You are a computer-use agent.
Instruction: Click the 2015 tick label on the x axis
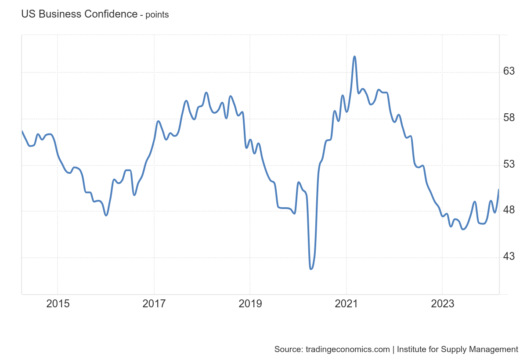[x=58, y=304]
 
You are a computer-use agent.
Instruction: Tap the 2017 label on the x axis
[x=154, y=304]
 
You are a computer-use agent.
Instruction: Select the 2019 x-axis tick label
[x=250, y=304]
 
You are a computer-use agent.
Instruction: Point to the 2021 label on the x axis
[x=346, y=304]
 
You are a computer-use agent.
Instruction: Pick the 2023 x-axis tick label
[x=442, y=304]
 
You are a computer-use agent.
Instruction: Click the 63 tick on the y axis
[x=509, y=71]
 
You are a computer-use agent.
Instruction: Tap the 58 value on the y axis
[x=509, y=118]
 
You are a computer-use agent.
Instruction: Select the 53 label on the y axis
[x=509, y=164]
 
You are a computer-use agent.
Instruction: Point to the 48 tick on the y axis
[x=509, y=210]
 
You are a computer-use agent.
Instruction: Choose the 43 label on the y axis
[x=509, y=256]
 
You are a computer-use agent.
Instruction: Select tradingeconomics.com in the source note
[x=348, y=349]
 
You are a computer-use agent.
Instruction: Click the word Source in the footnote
[x=287, y=349]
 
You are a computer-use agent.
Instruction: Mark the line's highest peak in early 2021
[x=354, y=56]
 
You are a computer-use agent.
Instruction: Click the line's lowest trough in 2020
[x=311, y=269]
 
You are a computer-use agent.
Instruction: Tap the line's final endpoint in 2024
[x=498, y=190]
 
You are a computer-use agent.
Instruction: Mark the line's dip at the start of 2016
[x=106, y=215]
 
